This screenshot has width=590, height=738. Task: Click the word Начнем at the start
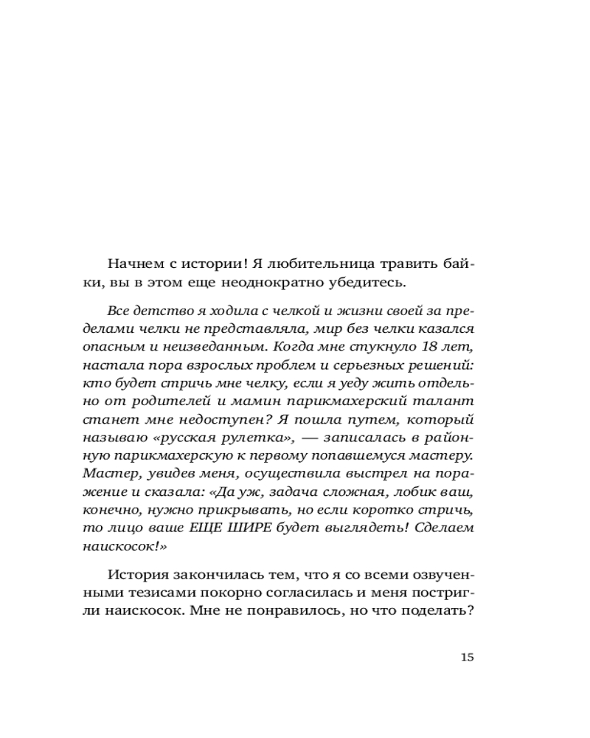(134, 263)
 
